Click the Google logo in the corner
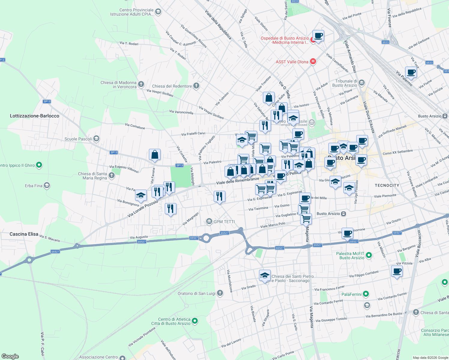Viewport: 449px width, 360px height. point(10,356)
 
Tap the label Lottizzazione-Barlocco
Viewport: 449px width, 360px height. point(35,116)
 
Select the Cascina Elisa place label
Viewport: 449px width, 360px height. point(24,234)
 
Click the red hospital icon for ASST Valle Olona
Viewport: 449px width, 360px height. point(313,61)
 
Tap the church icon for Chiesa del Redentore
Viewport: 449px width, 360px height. point(196,86)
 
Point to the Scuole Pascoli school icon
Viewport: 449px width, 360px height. point(96,139)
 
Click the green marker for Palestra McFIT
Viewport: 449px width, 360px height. point(369,255)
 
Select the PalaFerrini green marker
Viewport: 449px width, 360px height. point(366,294)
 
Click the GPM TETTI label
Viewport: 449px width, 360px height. point(224,222)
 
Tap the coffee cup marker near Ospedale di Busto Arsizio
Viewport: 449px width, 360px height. point(318,36)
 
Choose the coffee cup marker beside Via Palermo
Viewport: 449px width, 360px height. point(411,72)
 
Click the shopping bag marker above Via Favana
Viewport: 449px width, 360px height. point(155,155)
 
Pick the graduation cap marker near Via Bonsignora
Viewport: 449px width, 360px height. point(141,196)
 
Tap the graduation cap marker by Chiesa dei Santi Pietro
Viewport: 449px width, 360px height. point(265,275)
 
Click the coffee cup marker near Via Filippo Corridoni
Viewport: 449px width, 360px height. point(397,271)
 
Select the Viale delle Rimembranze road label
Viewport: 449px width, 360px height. point(237,181)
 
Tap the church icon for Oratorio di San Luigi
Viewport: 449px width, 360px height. point(220,293)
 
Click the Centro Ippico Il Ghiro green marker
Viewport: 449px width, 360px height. point(39,165)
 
